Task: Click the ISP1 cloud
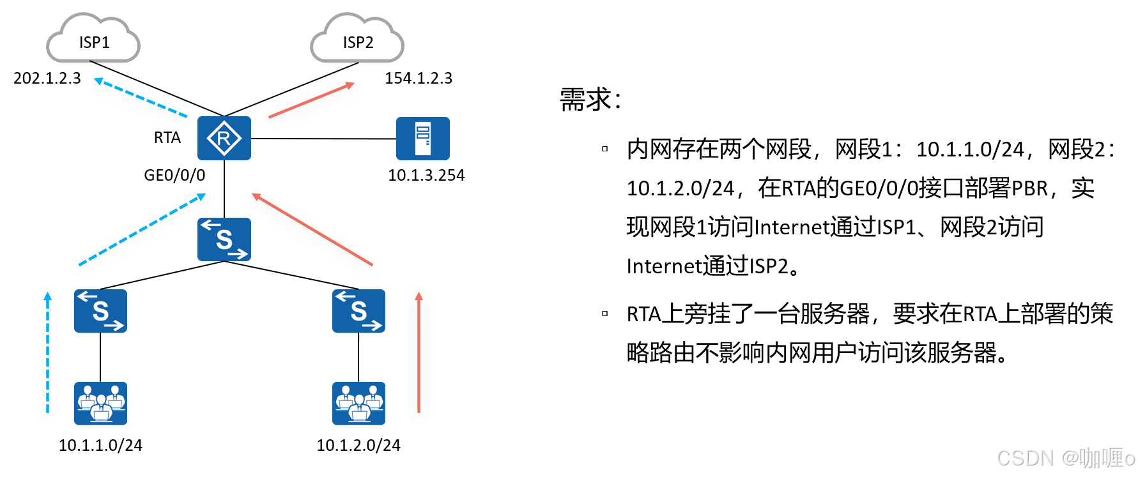pyautogui.click(x=93, y=40)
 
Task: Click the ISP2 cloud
pyautogui.click(x=357, y=40)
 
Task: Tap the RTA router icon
pyautogui.click(x=224, y=138)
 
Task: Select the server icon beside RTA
pyautogui.click(x=422, y=138)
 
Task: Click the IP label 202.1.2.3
pyautogui.click(x=47, y=78)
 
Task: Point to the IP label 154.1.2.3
pyautogui.click(x=419, y=78)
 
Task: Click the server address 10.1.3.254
pyautogui.click(x=426, y=175)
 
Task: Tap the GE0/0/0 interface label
pyautogui.click(x=174, y=175)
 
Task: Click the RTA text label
pyautogui.click(x=167, y=137)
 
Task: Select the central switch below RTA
pyautogui.click(x=224, y=239)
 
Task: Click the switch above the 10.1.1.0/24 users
pyautogui.click(x=100, y=311)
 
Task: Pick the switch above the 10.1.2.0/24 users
pyautogui.click(x=358, y=311)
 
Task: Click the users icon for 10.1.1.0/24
pyautogui.click(x=100, y=403)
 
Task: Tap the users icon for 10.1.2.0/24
pyautogui.click(x=358, y=403)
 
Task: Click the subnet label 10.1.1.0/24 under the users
pyautogui.click(x=100, y=445)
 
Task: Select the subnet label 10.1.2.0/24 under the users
pyautogui.click(x=358, y=445)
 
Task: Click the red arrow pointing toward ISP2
pyautogui.click(x=311, y=100)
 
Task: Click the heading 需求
pyautogui.click(x=590, y=100)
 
